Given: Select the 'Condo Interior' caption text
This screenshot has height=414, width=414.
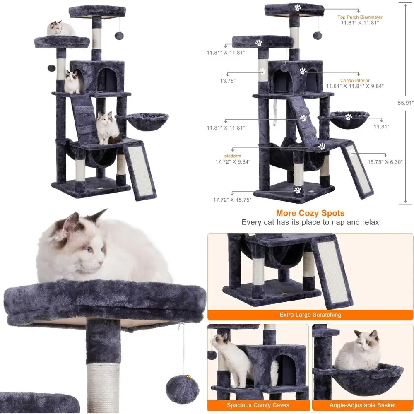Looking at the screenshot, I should (355, 80).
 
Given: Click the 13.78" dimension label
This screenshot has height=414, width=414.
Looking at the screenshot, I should (227, 81).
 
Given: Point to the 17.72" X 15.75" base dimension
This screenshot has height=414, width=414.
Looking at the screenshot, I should (232, 200).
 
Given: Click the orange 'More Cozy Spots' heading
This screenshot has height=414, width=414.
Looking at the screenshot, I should (310, 213).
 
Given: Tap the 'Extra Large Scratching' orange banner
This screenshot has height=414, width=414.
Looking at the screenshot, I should (310, 315).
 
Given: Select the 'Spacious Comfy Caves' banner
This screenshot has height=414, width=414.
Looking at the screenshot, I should (258, 405).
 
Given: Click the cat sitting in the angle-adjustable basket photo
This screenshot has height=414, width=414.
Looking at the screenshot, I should (358, 351).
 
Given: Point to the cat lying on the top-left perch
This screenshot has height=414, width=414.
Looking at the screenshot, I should (61, 29).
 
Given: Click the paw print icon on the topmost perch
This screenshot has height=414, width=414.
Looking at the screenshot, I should (297, 7).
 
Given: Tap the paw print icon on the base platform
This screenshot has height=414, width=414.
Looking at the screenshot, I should (297, 190).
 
